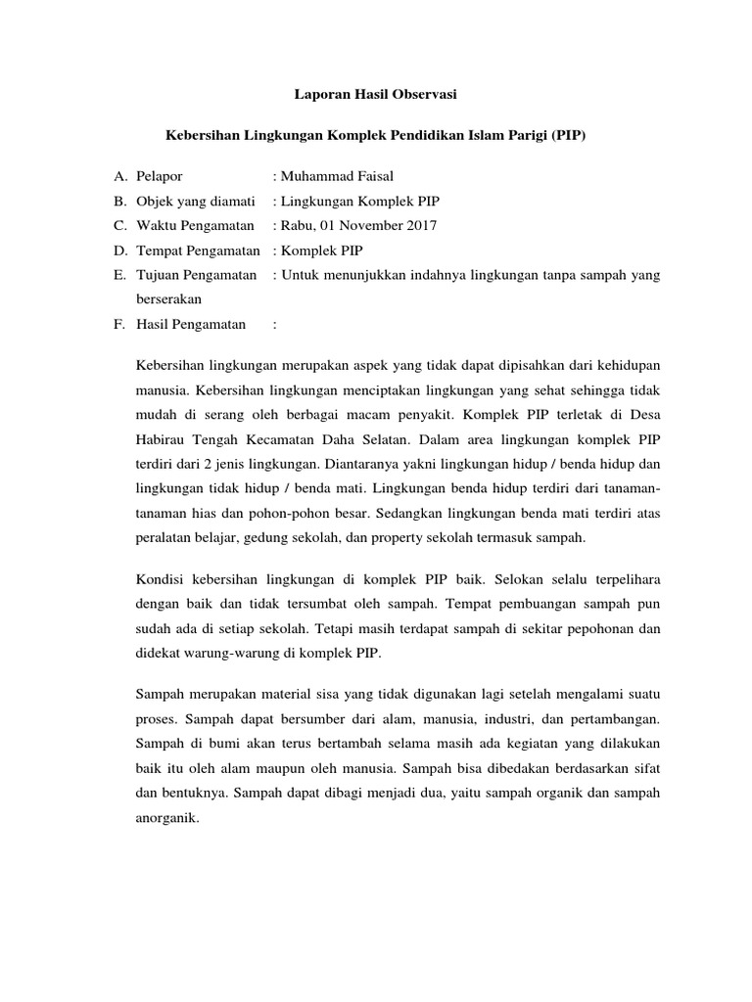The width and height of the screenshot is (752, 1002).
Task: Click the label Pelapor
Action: [159, 176]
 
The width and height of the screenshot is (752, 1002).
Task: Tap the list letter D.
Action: [119, 250]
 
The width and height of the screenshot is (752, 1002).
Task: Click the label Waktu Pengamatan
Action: [187, 226]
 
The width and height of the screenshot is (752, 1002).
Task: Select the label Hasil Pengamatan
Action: [190, 325]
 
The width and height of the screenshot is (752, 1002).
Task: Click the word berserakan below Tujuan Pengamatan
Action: [167, 300]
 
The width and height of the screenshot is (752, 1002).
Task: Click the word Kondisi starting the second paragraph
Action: [159, 578]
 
